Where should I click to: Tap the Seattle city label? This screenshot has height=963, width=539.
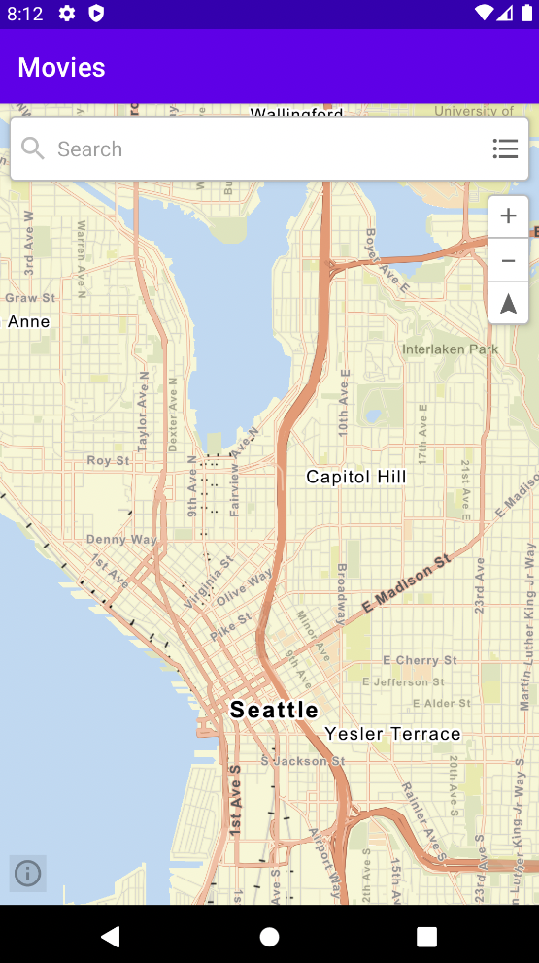274,710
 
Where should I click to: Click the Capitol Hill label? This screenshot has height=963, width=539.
356,477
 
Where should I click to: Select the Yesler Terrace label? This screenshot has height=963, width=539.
392,733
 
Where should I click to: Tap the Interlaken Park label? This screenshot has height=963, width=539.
450,349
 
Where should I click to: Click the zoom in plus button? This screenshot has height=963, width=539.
508,216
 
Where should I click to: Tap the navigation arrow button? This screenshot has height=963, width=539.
508,304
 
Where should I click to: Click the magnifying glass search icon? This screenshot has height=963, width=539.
33,149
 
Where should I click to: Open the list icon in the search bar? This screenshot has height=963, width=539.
505,149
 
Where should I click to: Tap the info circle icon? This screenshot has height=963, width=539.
28,874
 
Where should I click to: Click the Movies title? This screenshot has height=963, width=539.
61,67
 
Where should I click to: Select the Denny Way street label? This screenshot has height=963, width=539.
121,540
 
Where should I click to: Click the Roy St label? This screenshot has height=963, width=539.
108,460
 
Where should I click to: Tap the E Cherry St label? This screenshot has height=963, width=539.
420,660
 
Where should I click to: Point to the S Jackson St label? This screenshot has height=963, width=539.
302,761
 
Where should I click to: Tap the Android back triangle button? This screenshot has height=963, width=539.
111,936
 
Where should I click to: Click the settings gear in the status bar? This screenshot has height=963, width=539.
67,13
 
